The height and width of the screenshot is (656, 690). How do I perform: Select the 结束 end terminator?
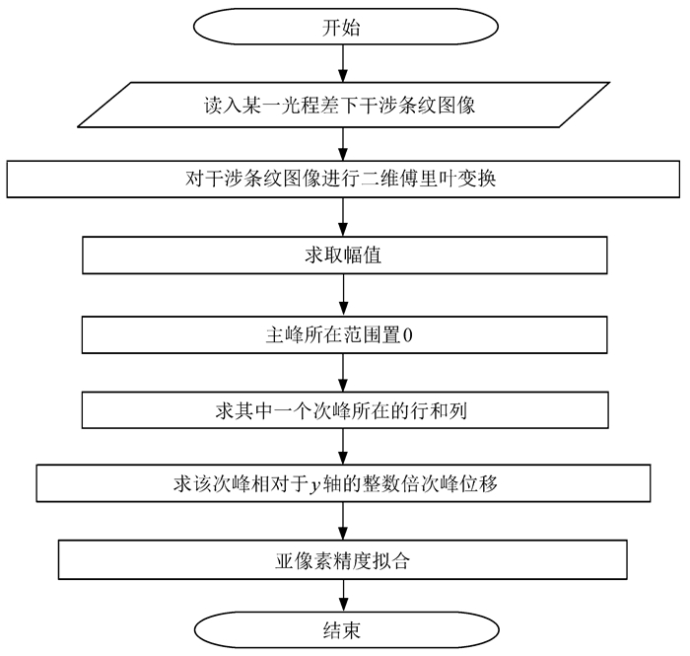tap(342, 627)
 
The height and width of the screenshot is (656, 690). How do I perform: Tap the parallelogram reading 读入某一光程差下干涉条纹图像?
tap(342, 105)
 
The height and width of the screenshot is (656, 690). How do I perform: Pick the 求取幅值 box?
tap(342, 255)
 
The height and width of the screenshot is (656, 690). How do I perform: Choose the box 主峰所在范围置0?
tap(342, 334)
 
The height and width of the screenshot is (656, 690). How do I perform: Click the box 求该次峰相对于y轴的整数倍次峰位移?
tap(342, 484)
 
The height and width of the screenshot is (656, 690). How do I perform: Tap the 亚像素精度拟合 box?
tap(342, 561)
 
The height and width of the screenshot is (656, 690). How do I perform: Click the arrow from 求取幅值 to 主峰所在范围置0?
tap(342, 295)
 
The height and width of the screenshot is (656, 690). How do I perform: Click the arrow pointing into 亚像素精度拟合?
tap(342, 523)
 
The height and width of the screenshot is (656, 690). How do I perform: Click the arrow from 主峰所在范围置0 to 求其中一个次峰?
tap(342, 373)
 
